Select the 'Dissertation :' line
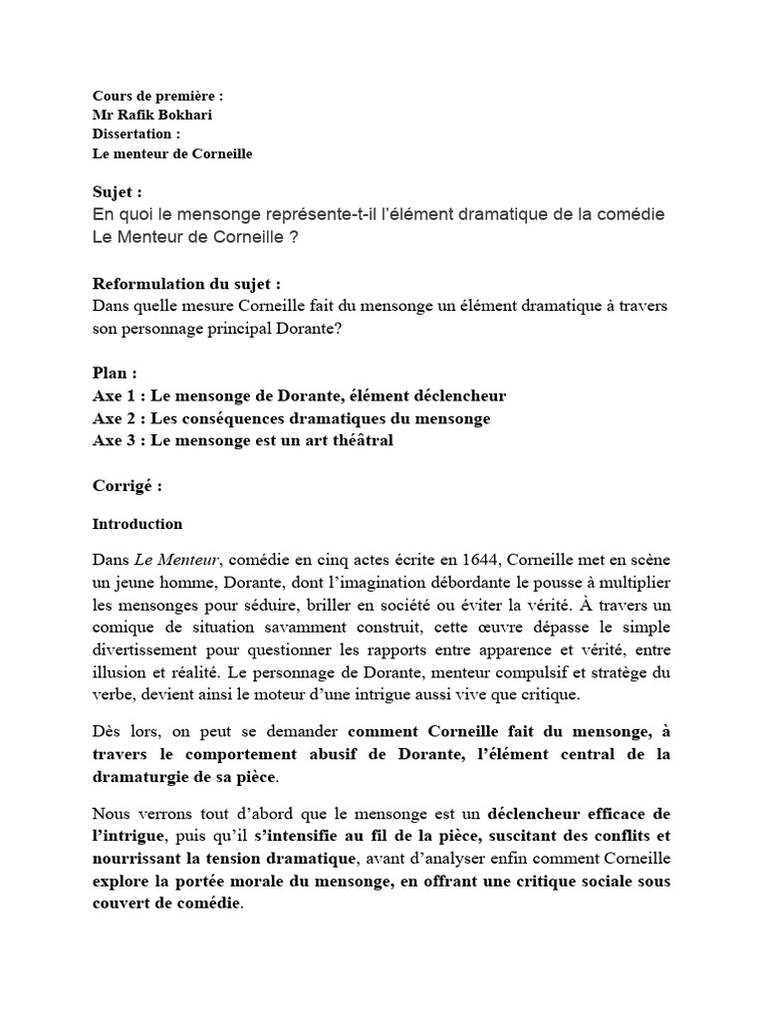point(136,133)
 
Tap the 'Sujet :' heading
point(118,191)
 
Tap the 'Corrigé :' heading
point(127,487)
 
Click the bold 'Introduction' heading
point(137,524)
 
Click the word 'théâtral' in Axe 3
point(362,440)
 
